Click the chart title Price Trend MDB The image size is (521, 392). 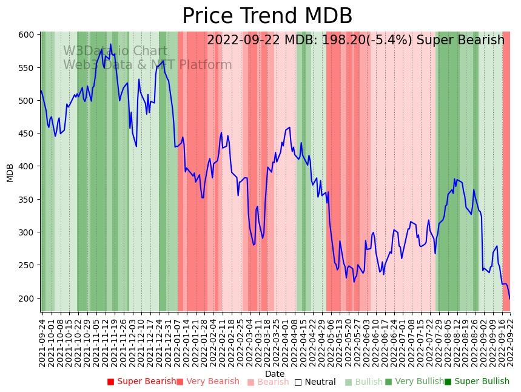[x=267, y=16]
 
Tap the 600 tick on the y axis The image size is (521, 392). [x=27, y=35]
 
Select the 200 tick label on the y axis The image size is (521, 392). [x=27, y=299]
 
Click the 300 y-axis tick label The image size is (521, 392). [x=27, y=232]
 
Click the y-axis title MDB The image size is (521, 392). [x=10, y=172]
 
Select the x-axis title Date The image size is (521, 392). [x=275, y=374]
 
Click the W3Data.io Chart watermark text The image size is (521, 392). [x=115, y=52]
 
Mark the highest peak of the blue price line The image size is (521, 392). [x=110, y=44]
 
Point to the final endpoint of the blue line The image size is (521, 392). [x=509, y=299]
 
